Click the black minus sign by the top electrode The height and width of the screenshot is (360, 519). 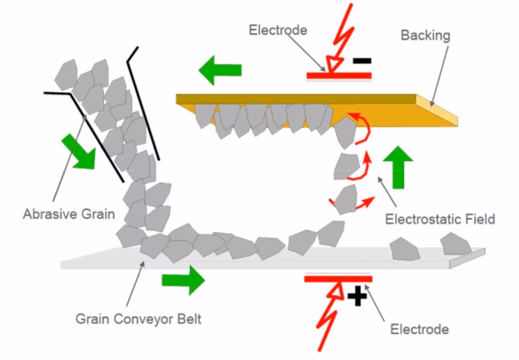[362, 60]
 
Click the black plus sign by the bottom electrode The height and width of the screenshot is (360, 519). [357, 294]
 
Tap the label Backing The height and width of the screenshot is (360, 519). [425, 35]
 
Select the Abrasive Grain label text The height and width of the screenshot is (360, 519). [68, 214]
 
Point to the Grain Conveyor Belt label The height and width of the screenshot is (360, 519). [139, 319]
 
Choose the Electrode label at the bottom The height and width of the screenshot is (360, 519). [420, 328]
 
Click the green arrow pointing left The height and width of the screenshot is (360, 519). [220, 70]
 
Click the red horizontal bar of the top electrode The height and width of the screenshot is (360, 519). [339, 76]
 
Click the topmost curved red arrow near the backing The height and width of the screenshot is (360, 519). [360, 126]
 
